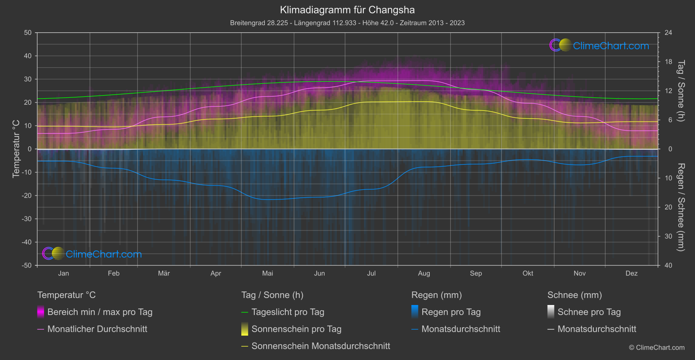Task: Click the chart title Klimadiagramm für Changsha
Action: pyautogui.click(x=347, y=10)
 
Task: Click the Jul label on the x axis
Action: pyautogui.click(x=371, y=274)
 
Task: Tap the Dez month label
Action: pyautogui.click(x=631, y=274)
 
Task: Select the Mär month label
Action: pyautogui.click(x=164, y=274)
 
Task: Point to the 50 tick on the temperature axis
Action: pyautogui.click(x=28, y=33)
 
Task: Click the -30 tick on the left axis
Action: pyautogui.click(x=27, y=219)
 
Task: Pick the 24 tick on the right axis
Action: pyautogui.click(x=668, y=33)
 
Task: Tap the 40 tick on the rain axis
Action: pyautogui.click(x=668, y=265)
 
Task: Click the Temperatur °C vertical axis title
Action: pyautogui.click(x=16, y=149)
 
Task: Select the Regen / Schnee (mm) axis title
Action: pyautogui.click(x=681, y=207)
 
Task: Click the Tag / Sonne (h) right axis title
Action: pyautogui.click(x=681, y=91)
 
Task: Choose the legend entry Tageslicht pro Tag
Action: pyautogui.click(x=288, y=312)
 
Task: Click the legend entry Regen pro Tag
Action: pyautogui.click(x=451, y=312)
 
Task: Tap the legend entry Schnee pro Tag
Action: pyautogui.click(x=589, y=312)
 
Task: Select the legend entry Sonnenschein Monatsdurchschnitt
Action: pyautogui.click(x=321, y=346)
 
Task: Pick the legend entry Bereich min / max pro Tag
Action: pyautogui.click(x=99, y=312)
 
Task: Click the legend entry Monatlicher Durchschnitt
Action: pyautogui.click(x=97, y=329)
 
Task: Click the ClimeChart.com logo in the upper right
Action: pyautogui.click(x=599, y=45)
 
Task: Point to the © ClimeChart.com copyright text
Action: pyautogui.click(x=657, y=348)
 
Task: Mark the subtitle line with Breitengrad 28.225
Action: pyautogui.click(x=347, y=23)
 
